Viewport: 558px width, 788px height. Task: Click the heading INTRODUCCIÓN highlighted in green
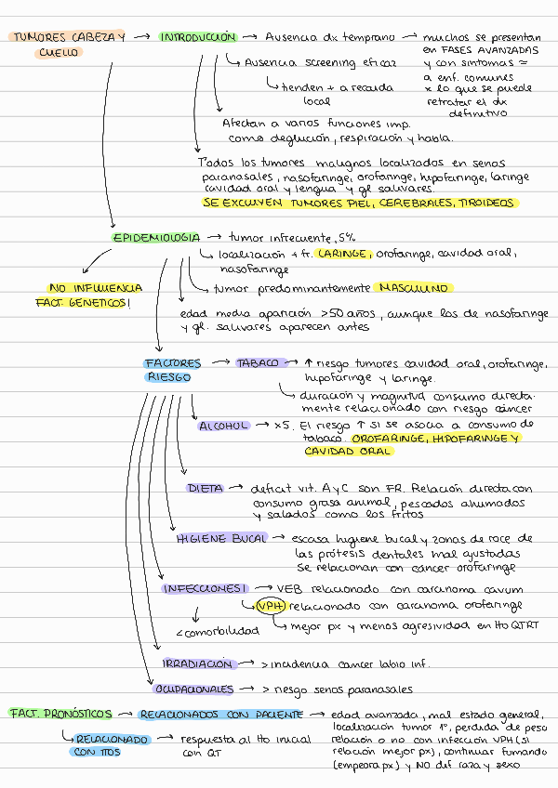[x=196, y=37]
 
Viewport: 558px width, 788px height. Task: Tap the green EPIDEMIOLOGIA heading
[x=156, y=238]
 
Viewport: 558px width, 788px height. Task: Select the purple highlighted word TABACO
[x=258, y=363]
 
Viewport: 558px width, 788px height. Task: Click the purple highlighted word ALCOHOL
[x=223, y=426]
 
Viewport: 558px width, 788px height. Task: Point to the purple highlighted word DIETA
[x=205, y=488]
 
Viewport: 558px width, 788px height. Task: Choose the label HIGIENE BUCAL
[x=221, y=538]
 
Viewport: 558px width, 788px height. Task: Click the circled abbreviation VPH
[x=271, y=606]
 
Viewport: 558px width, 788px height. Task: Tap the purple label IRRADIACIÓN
[x=196, y=664]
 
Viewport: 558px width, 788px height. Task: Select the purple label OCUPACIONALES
[x=193, y=689]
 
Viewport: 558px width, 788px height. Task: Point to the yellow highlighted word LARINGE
[x=345, y=253]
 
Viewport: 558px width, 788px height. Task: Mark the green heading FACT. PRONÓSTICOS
[x=60, y=714]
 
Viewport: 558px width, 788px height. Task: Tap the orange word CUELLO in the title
[x=60, y=53]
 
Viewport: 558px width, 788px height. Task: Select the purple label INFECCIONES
[x=204, y=589]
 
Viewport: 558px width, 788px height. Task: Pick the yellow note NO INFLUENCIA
[x=96, y=288]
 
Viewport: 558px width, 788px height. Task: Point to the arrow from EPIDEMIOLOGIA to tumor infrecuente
[x=214, y=238]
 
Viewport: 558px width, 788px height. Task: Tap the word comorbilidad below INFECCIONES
[x=218, y=632]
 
